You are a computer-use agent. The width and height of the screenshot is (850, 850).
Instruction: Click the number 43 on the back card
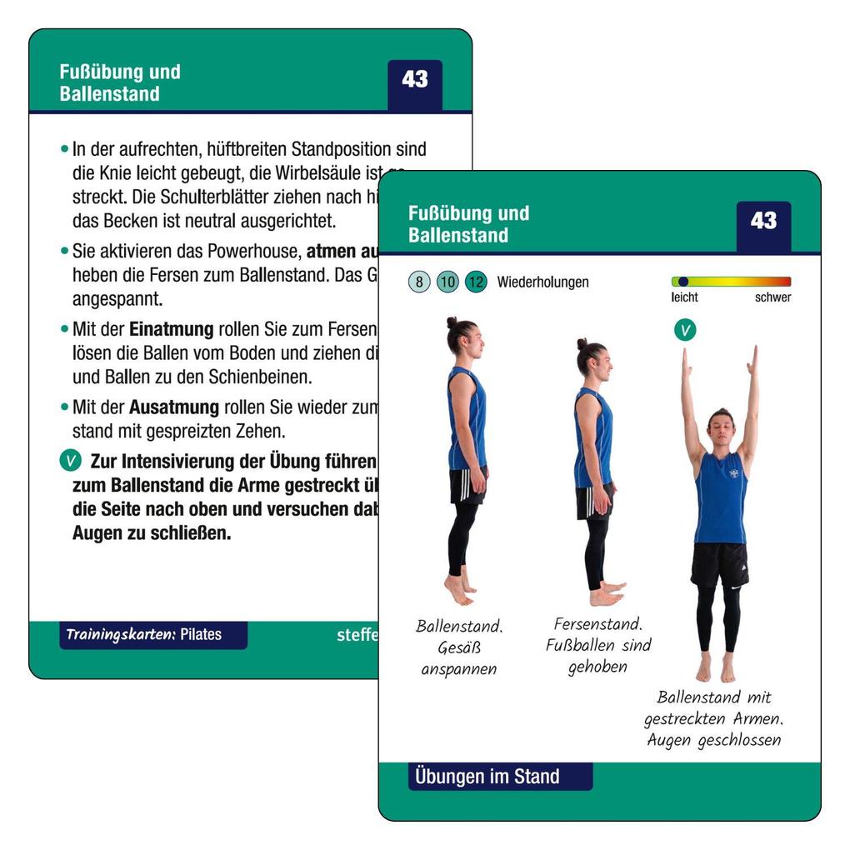pos(414,80)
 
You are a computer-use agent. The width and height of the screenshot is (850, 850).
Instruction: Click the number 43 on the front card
pos(763,222)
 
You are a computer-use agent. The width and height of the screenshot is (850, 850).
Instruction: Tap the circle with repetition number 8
pos(419,282)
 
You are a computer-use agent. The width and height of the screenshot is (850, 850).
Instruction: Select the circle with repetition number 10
pos(447,282)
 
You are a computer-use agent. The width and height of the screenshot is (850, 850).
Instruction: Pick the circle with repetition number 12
pos(476,282)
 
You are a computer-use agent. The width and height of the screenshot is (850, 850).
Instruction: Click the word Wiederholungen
pos(542,282)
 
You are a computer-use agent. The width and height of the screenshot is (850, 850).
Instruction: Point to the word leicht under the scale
pos(684,297)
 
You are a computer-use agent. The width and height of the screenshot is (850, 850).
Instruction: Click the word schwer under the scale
pos(772,297)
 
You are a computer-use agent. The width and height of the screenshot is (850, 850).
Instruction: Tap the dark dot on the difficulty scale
pos(682,282)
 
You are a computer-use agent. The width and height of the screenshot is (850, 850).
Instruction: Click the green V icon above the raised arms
pos(685,330)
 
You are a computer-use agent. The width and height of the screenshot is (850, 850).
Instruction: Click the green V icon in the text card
pos(71,461)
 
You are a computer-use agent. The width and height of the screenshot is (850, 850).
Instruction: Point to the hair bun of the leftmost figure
pos(452,322)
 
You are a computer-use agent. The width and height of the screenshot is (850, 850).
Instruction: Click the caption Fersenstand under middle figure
pos(597,624)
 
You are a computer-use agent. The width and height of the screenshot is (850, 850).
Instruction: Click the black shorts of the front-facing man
pos(719,563)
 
